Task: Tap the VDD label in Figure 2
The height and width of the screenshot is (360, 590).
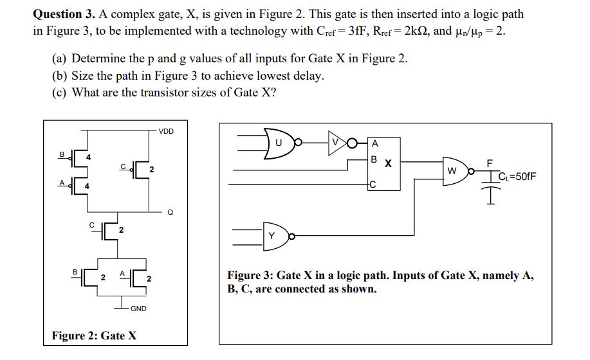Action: coord(165,130)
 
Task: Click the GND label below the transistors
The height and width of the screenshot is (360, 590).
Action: coord(138,309)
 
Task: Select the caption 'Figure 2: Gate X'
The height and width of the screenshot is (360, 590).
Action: coord(94,336)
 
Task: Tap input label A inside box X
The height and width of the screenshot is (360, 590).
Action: coord(374,143)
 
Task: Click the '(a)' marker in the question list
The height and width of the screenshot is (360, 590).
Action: coord(59,59)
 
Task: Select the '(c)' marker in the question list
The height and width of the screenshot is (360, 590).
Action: coord(59,92)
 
